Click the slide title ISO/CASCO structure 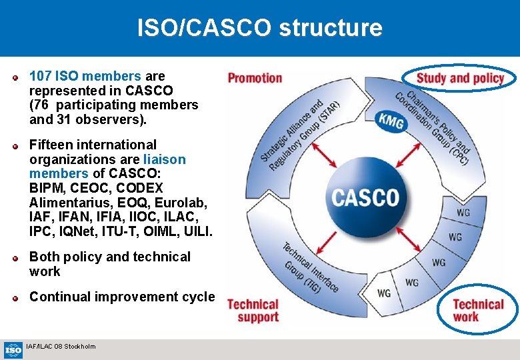click(259, 28)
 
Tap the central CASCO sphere click(365, 197)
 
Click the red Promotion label click(255, 78)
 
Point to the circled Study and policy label click(460, 79)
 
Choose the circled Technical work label click(478, 310)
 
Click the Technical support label click(253, 311)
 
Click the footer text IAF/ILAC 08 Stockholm click(61, 346)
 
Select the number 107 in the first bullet click(41, 76)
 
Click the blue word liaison click(164, 159)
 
